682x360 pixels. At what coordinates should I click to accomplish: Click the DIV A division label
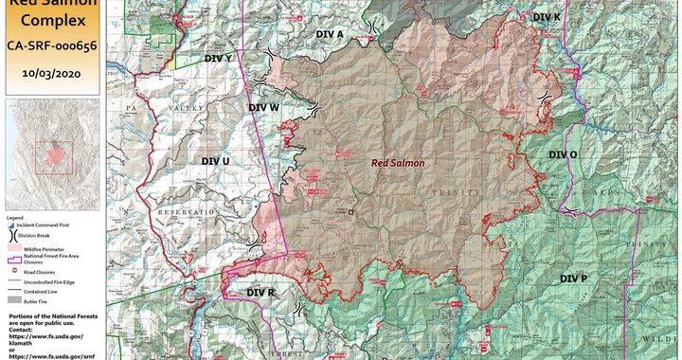[330, 34]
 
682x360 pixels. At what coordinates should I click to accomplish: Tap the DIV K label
[547, 18]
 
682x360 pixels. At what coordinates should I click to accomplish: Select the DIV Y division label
[218, 58]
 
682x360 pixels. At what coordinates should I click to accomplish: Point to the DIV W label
[263, 108]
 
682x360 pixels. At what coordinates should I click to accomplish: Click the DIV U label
[215, 162]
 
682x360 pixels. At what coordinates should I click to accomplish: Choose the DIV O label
[563, 154]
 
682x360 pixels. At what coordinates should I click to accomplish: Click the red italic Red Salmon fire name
[397, 163]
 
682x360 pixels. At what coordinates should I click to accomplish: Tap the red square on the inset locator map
[53, 153]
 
